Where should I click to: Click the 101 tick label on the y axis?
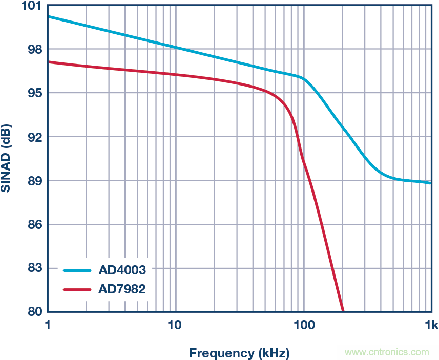coord(32,6)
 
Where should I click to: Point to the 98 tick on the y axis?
coord(34,49)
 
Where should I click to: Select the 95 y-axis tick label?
coord(34,93)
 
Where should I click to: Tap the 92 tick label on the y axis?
coord(34,137)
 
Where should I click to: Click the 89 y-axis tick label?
coord(34,181)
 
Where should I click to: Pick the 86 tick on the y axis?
coord(34,224)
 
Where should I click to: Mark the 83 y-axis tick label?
coord(34,268)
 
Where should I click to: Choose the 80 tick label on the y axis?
coord(34,312)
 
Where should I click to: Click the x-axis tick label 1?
coord(48,325)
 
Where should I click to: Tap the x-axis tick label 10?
coord(175,325)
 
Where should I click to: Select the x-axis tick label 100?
coord(303,325)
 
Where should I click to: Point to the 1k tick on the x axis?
coord(430,325)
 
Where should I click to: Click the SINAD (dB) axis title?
coord(7,158)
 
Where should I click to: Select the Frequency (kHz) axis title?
coord(239,353)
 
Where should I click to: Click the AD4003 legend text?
coord(122,270)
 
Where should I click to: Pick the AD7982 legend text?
coord(122,289)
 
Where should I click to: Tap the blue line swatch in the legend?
coord(77,270)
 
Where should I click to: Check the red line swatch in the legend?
coord(77,289)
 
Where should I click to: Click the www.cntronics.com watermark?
coord(387,352)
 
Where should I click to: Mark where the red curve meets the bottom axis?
coord(343,311)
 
